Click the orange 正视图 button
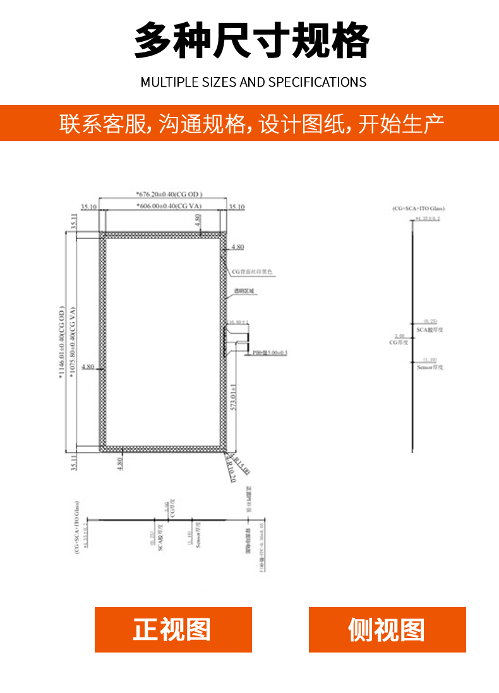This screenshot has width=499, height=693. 173,630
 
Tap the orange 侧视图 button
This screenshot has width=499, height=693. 387,630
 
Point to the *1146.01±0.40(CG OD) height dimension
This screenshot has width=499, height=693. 62,342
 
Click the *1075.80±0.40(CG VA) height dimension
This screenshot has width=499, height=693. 73,342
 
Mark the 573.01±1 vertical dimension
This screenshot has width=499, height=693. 233,398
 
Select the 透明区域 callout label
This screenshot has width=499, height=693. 244,291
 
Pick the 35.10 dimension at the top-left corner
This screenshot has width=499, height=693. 88,207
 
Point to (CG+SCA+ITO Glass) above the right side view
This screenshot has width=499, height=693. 418,208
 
